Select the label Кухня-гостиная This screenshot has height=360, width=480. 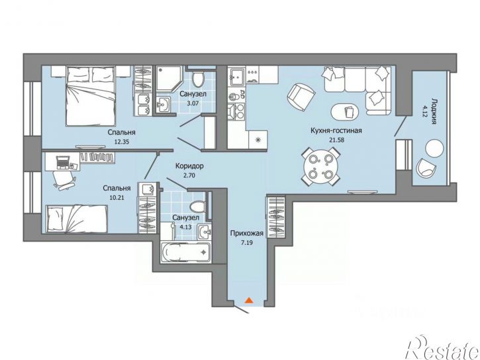point(336,130)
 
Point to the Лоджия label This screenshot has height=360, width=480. point(434,111)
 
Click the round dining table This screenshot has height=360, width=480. point(320,166)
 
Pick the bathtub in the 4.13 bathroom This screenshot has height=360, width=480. point(185,252)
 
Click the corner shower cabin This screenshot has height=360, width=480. point(169,80)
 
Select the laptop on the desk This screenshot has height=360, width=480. point(63,162)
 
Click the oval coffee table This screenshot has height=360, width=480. point(345,111)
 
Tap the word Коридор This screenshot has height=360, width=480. point(189,166)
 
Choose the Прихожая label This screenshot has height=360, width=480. point(247,234)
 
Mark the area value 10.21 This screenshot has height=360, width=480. point(117,198)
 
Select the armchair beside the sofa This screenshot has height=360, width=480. point(301,97)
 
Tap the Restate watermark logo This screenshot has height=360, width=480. point(442,347)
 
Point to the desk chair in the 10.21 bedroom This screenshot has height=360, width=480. point(64,180)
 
